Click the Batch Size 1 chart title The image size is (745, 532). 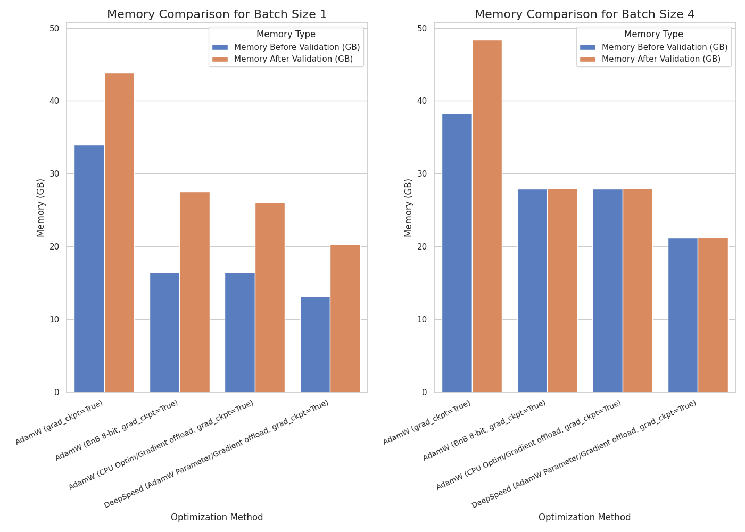pyautogui.click(x=217, y=14)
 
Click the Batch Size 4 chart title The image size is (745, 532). pyautogui.click(x=584, y=14)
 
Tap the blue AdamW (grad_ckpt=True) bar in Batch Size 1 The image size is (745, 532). pyautogui.click(x=89, y=269)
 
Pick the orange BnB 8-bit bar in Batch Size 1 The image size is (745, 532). pyautogui.click(x=195, y=292)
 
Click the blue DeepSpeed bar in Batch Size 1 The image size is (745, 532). pyautogui.click(x=315, y=344)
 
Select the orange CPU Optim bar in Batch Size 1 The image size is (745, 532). pyautogui.click(x=270, y=297)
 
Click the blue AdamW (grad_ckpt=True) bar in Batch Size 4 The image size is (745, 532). pyautogui.click(x=457, y=253)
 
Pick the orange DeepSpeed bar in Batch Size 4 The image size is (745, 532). pyautogui.click(x=713, y=315)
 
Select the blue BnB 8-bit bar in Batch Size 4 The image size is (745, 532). pyautogui.click(x=532, y=290)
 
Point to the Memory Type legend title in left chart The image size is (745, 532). pyautogui.click(x=286, y=35)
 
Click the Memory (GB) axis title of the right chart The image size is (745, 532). pyautogui.click(x=409, y=207)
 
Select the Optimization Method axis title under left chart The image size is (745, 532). pyautogui.click(x=217, y=517)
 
